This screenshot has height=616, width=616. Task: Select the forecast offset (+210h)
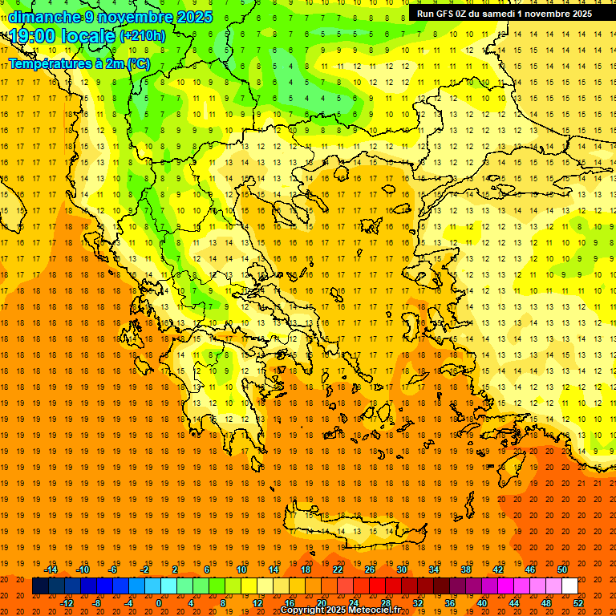click(142, 36)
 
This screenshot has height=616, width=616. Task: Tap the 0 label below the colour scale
click(158, 603)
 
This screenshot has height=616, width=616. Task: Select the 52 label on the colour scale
click(579, 603)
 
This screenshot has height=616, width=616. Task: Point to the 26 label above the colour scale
click(370, 569)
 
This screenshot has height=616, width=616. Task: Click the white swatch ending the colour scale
click(570, 586)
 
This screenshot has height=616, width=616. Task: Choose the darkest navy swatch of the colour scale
click(40, 586)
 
